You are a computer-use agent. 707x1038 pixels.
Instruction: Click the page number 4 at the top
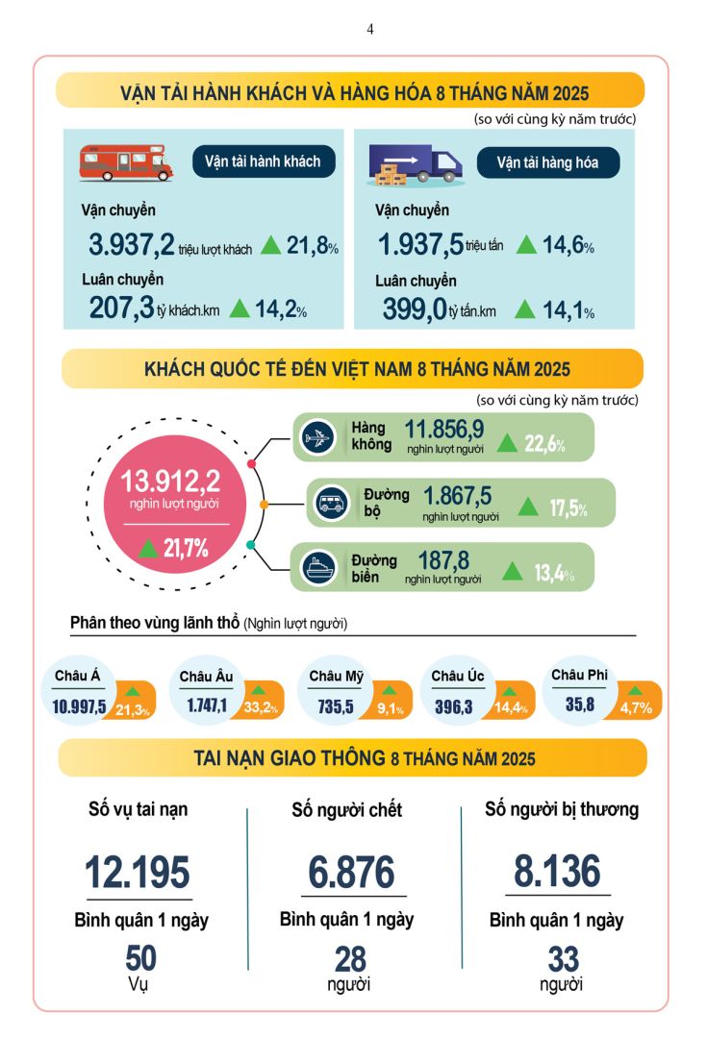click(x=370, y=30)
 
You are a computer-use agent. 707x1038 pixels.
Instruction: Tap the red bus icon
click(x=125, y=162)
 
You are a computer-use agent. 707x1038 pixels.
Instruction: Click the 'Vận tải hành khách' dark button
click(x=263, y=161)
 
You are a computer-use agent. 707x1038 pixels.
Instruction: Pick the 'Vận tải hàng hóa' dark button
click(x=547, y=162)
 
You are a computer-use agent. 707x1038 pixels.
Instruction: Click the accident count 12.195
click(x=138, y=872)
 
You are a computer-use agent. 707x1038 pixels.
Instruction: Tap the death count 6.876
click(x=352, y=872)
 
